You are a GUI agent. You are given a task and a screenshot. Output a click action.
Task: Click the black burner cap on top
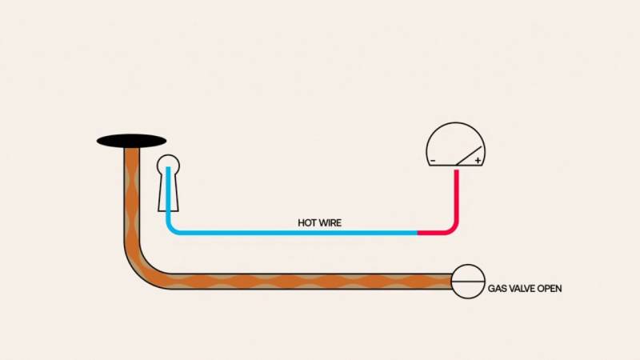point(131,142)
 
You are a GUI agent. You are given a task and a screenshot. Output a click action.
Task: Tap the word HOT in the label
point(307,223)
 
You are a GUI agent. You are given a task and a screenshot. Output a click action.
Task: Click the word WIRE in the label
point(330,223)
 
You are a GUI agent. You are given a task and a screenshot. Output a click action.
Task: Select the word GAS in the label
point(498,289)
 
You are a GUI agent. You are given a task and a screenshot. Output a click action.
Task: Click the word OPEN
point(550,289)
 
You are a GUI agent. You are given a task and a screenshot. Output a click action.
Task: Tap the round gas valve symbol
point(468,282)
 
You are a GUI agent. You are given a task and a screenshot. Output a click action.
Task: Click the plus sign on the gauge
point(478,161)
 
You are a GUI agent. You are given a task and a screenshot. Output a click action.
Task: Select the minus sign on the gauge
point(433,161)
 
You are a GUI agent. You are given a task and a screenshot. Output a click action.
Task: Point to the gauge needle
point(469,156)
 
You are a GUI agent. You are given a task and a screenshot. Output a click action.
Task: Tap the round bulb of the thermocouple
point(168,165)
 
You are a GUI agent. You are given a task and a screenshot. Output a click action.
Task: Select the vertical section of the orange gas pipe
point(131,196)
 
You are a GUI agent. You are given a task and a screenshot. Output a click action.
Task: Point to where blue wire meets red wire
point(417,233)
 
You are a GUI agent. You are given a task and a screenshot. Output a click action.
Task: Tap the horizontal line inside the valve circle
point(468,282)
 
